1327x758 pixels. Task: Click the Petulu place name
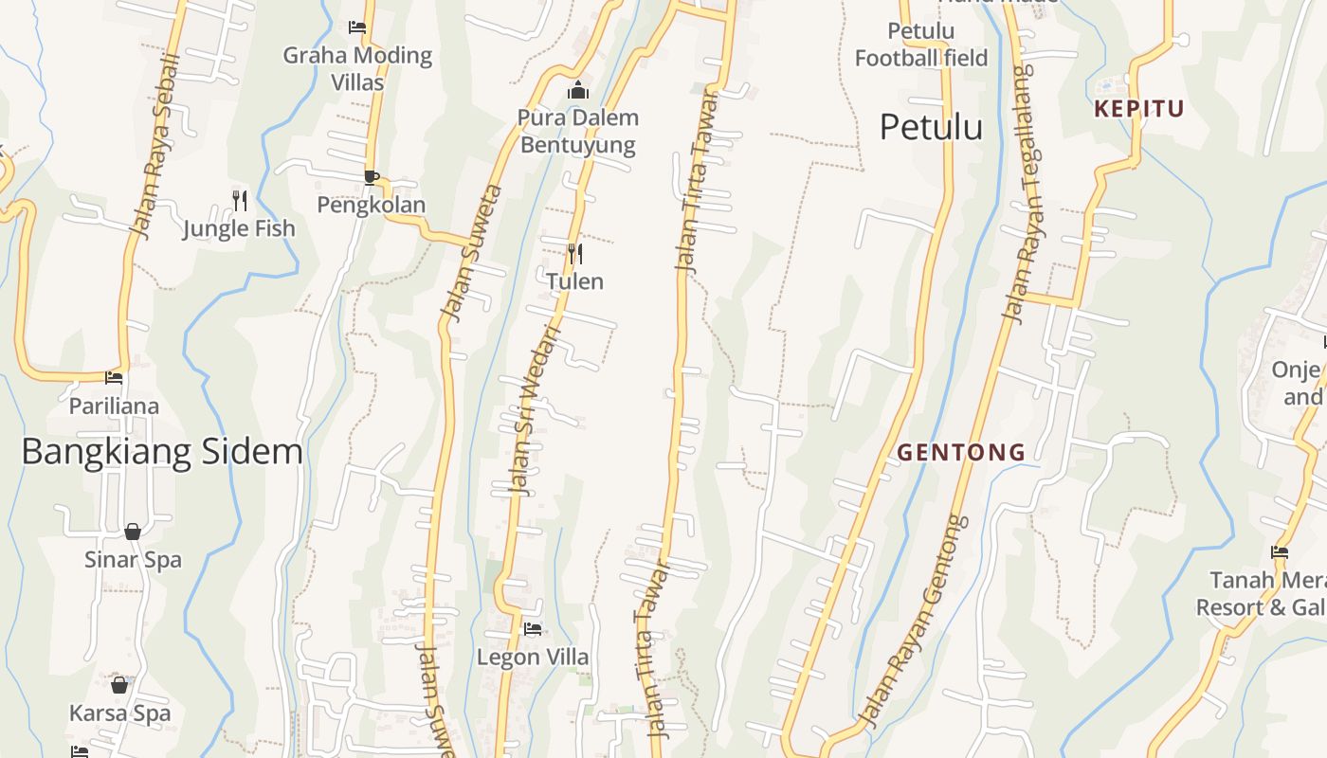pos(931,127)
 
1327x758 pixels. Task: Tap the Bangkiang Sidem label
pos(162,452)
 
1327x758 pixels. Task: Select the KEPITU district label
pos(1139,109)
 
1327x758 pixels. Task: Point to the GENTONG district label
pos(961,453)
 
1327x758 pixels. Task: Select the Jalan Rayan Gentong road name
pos(912,619)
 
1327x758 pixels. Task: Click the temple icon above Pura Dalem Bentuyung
pos(577,91)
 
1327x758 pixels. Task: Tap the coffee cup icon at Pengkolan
pos(372,177)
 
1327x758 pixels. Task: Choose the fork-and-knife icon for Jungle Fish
pos(240,201)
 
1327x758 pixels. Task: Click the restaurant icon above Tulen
pos(574,254)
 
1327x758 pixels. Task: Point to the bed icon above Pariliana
pos(114,378)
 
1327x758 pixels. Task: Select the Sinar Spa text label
pos(133,560)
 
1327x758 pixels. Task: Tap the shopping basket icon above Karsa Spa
pos(119,685)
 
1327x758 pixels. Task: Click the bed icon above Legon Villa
pos(533,629)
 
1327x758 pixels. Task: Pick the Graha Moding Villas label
pos(357,68)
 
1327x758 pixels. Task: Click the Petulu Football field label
pos(920,45)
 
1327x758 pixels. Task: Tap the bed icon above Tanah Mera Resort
pos(1280,552)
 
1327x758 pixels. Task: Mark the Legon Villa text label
pos(533,658)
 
